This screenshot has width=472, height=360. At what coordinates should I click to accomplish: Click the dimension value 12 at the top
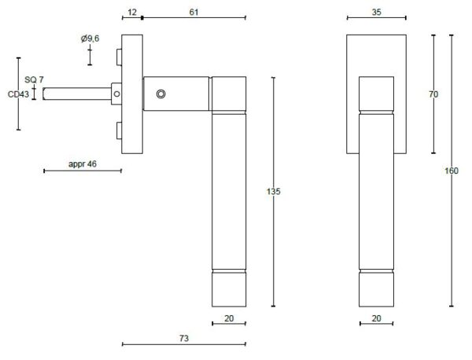click(132, 12)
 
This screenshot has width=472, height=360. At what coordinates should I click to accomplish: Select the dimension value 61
click(194, 12)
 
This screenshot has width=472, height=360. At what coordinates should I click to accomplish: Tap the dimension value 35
click(376, 12)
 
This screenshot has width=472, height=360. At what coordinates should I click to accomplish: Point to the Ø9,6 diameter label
click(90, 39)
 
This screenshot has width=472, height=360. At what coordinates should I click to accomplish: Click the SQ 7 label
click(34, 79)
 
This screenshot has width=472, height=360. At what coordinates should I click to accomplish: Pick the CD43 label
click(18, 94)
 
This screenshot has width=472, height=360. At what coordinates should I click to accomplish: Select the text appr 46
click(83, 164)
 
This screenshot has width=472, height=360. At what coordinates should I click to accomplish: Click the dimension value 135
click(273, 191)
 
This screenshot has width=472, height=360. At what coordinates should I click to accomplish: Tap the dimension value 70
click(433, 94)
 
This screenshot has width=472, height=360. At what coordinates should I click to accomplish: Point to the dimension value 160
click(452, 171)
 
